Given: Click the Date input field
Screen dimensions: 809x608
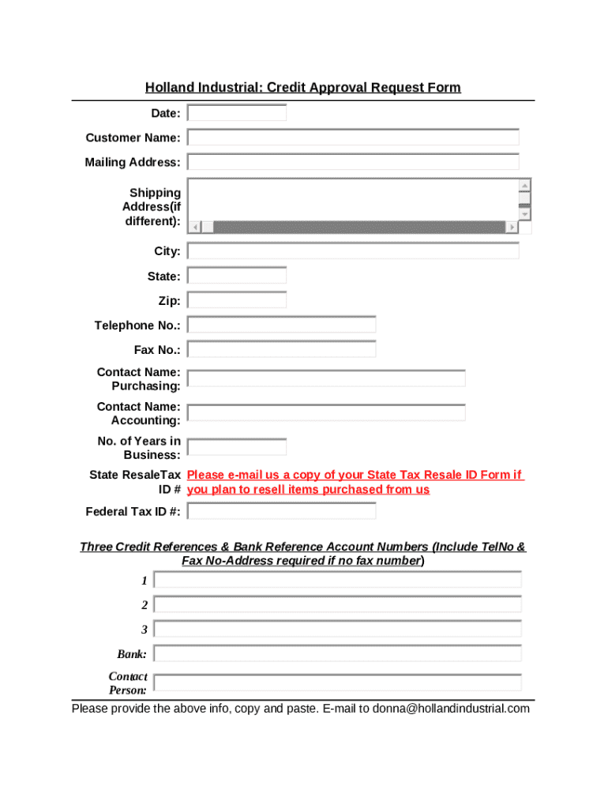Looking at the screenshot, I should tap(237, 113).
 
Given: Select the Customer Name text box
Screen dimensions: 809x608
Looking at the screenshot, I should tap(353, 137).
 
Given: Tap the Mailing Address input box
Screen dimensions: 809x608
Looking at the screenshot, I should tap(353, 162).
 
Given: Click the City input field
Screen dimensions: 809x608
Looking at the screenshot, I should tap(353, 251).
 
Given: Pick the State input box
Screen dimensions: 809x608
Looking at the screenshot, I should tap(237, 276).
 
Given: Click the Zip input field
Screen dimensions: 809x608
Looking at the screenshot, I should tap(237, 300).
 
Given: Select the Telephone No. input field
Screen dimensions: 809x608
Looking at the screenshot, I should tap(281, 325).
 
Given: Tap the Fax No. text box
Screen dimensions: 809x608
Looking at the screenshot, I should tap(281, 349).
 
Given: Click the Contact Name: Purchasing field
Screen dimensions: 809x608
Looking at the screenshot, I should tap(326, 378).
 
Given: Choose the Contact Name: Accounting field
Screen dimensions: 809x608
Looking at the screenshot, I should tap(326, 412).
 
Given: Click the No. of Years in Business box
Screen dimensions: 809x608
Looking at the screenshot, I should tap(237, 447).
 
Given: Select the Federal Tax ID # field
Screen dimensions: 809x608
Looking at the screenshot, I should tap(281, 511).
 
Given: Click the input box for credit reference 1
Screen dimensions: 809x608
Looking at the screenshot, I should tap(338, 581).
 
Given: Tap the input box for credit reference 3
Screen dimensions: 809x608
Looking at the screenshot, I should tap(338, 630).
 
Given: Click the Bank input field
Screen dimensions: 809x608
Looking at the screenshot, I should tap(338, 654).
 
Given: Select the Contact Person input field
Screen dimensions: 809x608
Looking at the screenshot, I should tap(338, 683).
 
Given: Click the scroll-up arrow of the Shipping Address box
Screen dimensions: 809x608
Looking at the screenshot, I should tap(524, 186).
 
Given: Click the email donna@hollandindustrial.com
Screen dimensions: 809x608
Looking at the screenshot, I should tap(451, 709).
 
